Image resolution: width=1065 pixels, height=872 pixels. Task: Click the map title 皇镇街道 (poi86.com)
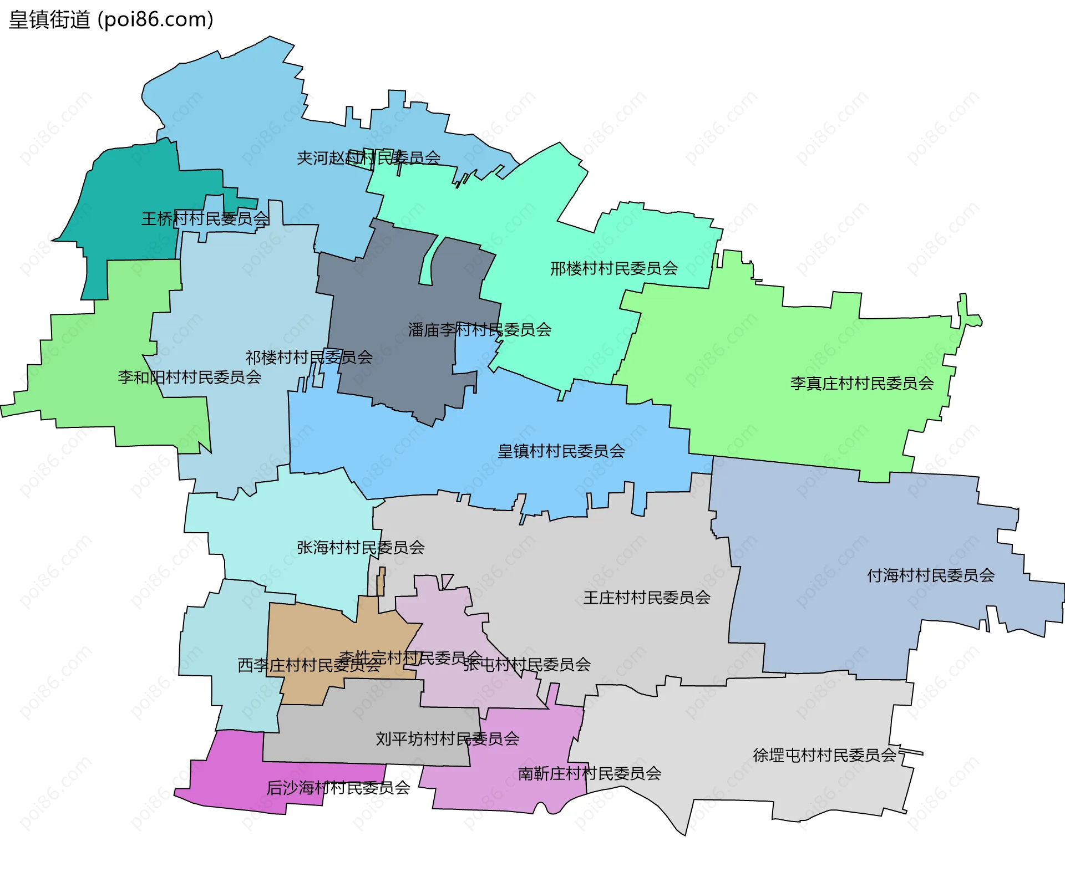point(111,20)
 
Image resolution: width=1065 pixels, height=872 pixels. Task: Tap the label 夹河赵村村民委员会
point(368,158)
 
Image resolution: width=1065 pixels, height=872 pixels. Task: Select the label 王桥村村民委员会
point(205,219)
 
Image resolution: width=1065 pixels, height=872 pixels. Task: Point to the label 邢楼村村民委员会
point(613,269)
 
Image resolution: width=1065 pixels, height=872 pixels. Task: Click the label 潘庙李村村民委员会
point(479,330)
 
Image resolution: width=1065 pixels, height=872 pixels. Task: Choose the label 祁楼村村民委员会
point(309,358)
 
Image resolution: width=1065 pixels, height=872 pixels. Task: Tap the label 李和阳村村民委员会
point(189,378)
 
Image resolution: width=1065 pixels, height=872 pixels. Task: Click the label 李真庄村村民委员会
point(861,384)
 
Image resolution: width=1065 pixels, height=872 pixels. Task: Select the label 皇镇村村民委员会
point(561,451)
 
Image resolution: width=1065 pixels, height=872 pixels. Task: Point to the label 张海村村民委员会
point(361,548)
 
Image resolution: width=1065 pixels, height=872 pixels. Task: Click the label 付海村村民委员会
point(930,576)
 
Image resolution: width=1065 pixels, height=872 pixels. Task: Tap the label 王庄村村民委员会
point(646,598)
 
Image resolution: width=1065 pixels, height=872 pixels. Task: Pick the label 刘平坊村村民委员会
point(447,739)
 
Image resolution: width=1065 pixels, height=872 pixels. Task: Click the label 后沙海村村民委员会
point(338,788)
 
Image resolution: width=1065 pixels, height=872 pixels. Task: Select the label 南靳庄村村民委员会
point(589,774)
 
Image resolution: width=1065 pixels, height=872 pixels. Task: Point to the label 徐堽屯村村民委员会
point(824,756)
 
